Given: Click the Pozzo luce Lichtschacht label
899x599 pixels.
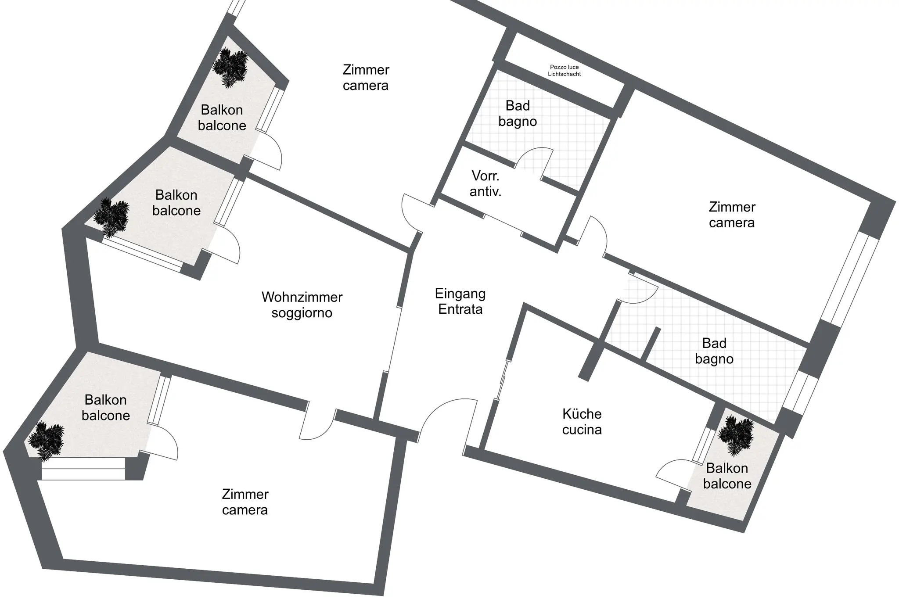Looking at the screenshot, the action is coord(565,71).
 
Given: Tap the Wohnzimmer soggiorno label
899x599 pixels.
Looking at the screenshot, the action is coord(302,305).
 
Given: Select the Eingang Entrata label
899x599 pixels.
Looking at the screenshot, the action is coord(460,301).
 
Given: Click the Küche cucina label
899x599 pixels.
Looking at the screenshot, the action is coord(582,422).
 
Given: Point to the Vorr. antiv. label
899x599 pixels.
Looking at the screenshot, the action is coord(485,184).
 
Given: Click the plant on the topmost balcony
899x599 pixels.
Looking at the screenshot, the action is coord(230,68).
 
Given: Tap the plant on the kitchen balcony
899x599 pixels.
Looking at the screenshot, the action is coord(736,435).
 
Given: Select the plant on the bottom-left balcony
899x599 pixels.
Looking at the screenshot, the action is coord(46,441).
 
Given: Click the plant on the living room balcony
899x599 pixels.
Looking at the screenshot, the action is coord(111,218).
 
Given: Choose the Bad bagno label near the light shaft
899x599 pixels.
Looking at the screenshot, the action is coord(518,114).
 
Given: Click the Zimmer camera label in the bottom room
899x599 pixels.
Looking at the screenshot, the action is coord(245,502).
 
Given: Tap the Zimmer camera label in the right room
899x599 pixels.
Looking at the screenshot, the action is coord(732,215).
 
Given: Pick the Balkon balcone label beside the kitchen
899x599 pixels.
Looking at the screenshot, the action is coord(727,476).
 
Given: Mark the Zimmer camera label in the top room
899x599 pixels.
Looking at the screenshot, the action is coord(366,77).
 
